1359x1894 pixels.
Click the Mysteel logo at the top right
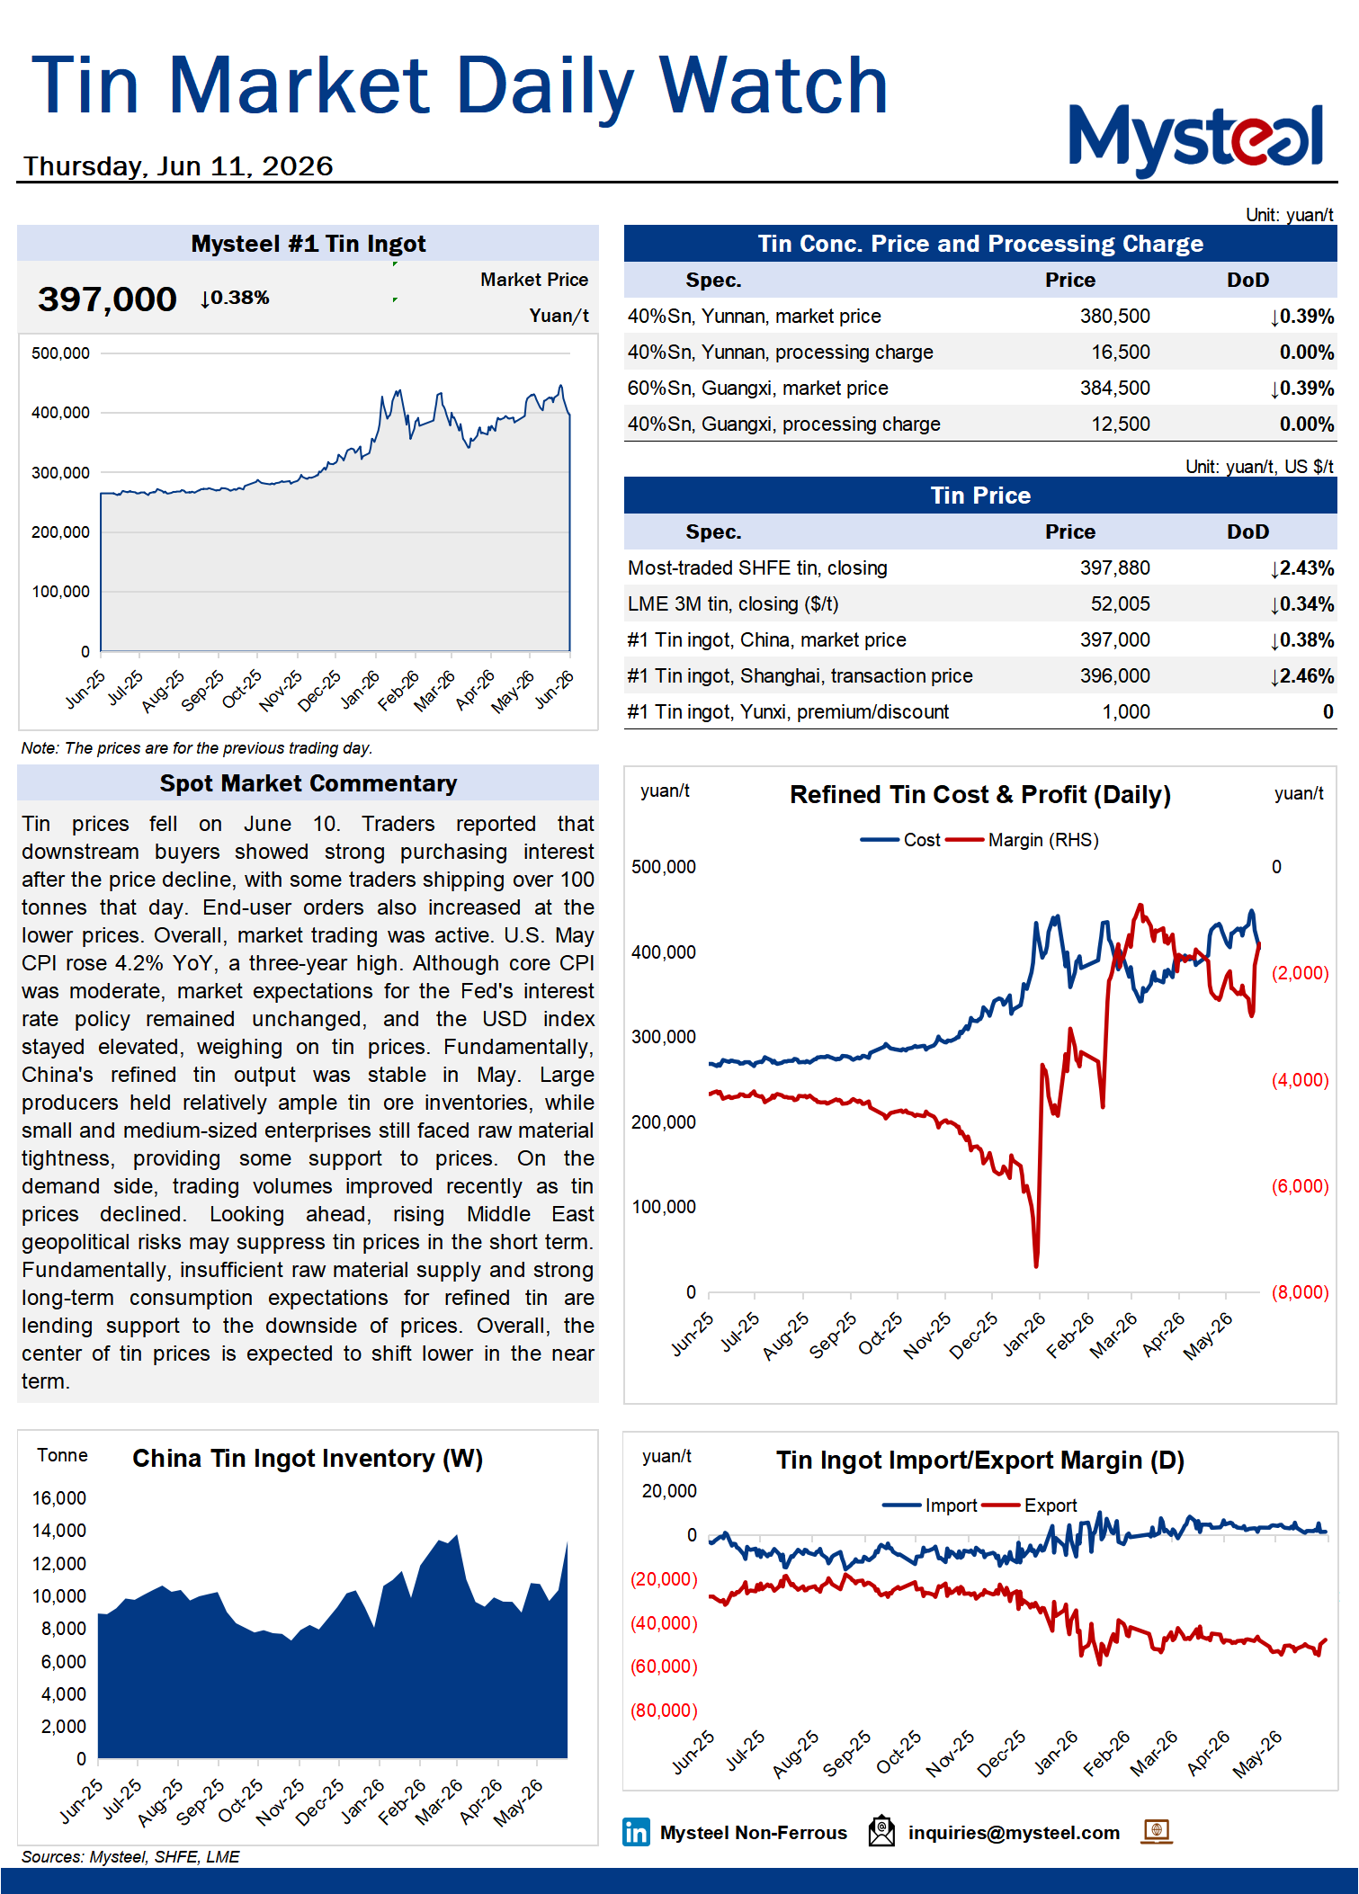1195,138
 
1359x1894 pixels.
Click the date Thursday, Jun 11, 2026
178,166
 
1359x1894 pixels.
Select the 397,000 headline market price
107,299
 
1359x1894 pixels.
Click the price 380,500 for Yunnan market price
1114,316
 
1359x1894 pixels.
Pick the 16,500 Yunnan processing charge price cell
1120,352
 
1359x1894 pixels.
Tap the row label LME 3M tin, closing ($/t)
733,603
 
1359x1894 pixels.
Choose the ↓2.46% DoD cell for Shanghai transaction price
1301,675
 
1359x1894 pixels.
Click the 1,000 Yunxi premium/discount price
1126,711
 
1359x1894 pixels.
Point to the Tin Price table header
980,496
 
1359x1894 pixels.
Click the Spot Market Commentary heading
308,783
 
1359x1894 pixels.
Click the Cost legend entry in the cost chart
900,840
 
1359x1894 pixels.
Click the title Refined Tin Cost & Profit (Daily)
980,795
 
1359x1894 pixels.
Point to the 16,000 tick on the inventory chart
59,1498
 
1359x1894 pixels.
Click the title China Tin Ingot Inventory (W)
308,1459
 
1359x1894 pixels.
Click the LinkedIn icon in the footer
636,1832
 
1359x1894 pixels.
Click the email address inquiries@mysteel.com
1014,1833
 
